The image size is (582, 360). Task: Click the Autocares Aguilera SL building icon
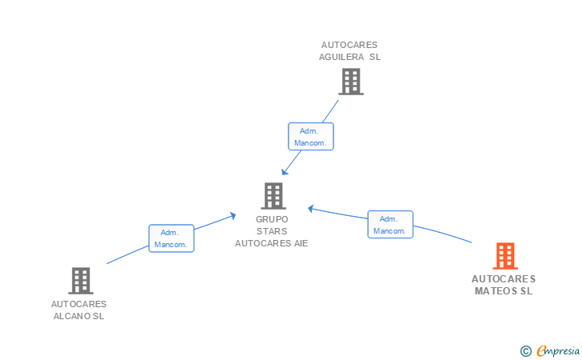click(350, 81)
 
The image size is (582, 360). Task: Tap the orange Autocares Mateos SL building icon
click(504, 256)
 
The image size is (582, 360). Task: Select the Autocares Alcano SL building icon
click(80, 280)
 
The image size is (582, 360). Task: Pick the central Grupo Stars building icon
click(273, 195)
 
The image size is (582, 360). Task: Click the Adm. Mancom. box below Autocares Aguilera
click(311, 137)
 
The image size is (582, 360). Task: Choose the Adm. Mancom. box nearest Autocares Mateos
click(390, 225)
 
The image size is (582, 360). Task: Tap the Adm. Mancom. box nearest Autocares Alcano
click(171, 238)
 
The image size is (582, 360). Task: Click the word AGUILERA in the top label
click(343, 57)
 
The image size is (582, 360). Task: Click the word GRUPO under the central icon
click(272, 219)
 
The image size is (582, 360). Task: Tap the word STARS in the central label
click(272, 231)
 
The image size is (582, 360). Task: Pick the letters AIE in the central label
click(297, 243)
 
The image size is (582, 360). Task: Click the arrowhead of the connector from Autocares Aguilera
click(283, 173)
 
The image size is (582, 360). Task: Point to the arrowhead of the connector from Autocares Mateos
click(310, 209)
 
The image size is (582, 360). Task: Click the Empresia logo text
click(559, 350)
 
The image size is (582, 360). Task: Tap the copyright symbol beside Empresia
click(525, 350)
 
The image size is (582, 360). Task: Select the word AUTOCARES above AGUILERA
click(349, 45)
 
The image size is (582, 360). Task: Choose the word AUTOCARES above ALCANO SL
click(79, 304)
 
